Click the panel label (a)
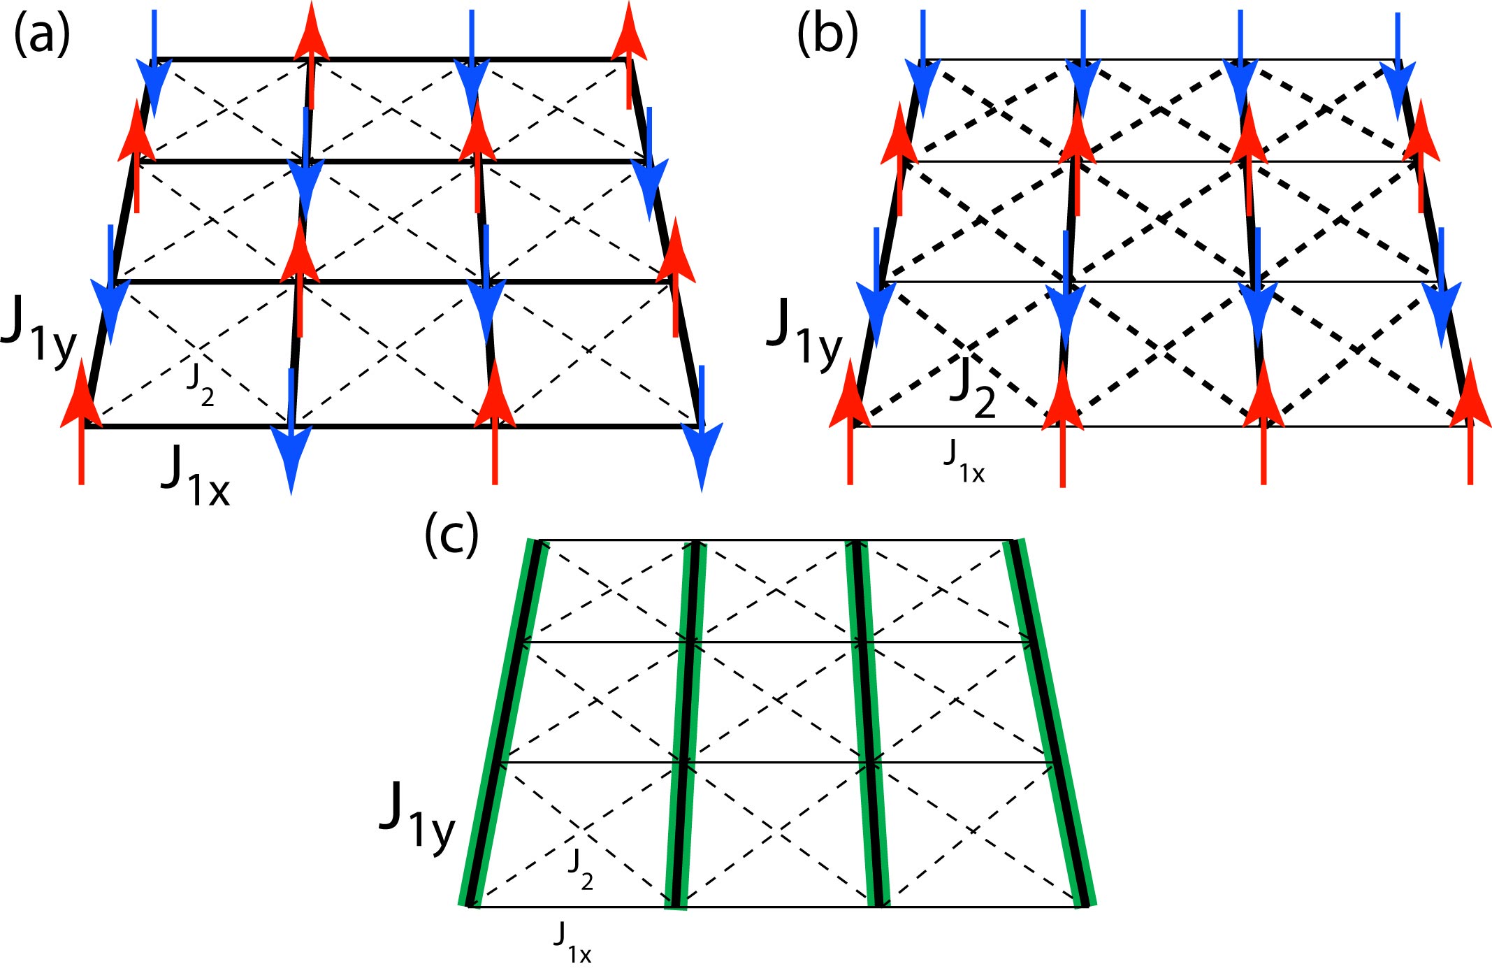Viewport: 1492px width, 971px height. [x=42, y=35]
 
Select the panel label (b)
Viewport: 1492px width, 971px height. [x=827, y=35]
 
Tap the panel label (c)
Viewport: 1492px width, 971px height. [x=451, y=535]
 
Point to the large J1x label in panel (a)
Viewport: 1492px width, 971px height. [x=195, y=475]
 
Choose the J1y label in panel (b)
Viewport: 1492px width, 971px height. [x=804, y=331]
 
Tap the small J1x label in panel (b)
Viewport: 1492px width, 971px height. [x=964, y=461]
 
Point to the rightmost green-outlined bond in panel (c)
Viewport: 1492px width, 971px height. [x=1052, y=724]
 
